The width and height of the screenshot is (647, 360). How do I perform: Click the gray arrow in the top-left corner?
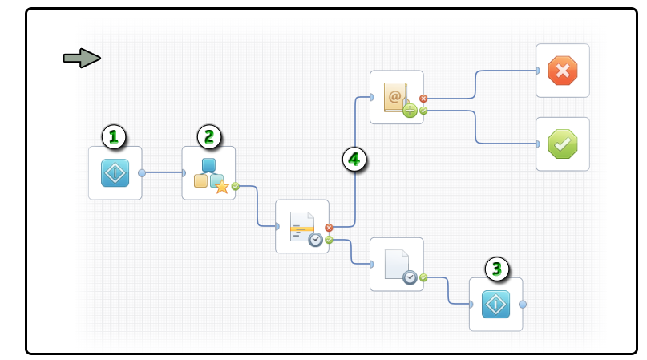[82, 58]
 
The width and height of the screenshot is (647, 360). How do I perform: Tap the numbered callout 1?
[115, 136]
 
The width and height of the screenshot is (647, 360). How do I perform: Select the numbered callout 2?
[208, 136]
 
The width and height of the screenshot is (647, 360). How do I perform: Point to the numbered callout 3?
[496, 269]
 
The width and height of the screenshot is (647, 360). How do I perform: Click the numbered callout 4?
[354, 160]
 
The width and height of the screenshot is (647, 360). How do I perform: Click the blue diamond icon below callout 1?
[115, 172]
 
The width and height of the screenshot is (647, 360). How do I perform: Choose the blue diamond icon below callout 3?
[495, 304]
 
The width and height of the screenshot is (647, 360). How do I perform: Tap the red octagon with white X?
[562, 71]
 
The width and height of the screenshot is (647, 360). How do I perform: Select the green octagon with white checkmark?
[562, 144]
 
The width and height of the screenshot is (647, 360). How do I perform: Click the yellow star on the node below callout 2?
[222, 187]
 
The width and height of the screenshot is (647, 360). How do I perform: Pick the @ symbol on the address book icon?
[394, 96]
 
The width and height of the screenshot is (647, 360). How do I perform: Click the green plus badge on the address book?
[410, 111]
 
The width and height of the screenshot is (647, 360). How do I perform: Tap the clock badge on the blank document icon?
[410, 277]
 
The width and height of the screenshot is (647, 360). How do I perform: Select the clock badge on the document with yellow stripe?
[316, 239]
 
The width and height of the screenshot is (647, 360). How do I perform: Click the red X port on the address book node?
[423, 99]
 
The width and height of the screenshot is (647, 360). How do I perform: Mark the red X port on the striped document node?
[329, 228]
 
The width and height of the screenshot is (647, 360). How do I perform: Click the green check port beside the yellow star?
[236, 186]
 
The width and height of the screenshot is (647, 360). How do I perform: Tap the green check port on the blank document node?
[423, 277]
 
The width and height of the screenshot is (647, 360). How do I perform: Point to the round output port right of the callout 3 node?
[523, 304]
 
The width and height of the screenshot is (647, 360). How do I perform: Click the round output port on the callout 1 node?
[142, 172]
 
